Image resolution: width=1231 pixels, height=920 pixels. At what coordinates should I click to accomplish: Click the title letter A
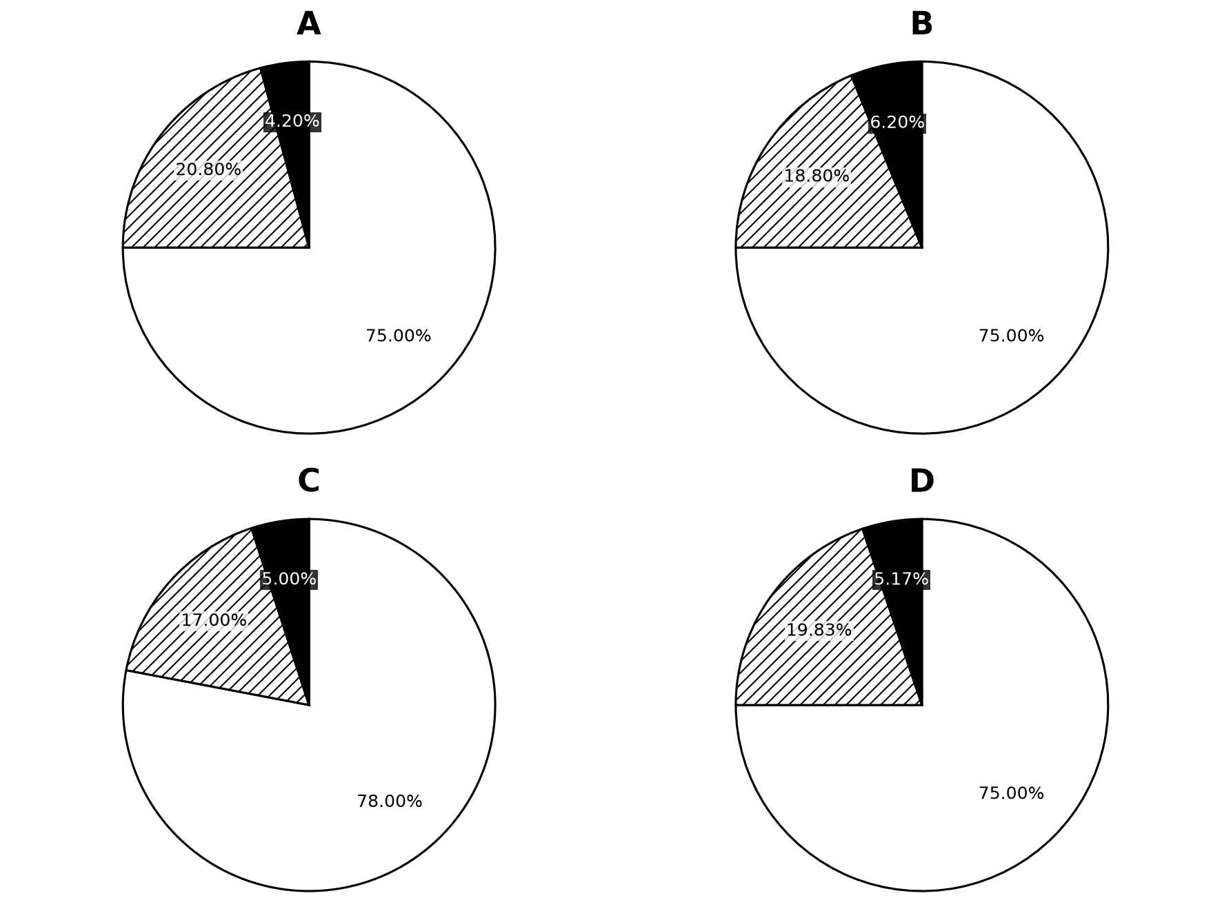click(308, 24)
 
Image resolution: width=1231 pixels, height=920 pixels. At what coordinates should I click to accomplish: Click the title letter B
click(921, 24)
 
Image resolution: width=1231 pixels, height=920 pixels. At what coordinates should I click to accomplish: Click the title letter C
click(308, 481)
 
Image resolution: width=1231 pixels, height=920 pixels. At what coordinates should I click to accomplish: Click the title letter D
click(921, 481)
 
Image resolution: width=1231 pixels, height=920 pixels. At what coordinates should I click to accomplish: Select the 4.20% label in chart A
click(292, 122)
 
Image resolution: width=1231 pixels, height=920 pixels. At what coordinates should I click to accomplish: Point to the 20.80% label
click(208, 170)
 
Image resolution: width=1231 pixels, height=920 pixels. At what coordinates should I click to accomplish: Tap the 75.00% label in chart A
click(398, 336)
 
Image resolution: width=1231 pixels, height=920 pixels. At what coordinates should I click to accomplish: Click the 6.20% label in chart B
click(897, 123)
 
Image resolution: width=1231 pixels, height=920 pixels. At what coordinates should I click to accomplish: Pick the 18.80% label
click(817, 176)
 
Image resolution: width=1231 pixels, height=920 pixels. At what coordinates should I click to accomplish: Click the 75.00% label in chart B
click(1011, 336)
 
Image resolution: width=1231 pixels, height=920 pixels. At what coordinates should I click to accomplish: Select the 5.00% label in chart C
click(288, 580)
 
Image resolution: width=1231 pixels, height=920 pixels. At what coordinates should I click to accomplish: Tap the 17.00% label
click(214, 620)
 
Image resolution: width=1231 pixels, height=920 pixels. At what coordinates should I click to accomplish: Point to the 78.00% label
click(389, 801)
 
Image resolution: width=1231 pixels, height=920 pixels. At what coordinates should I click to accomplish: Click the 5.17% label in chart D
click(901, 580)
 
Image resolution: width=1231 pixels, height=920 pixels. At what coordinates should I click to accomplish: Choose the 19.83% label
click(819, 631)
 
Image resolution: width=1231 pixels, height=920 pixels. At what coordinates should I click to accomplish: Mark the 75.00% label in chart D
click(1011, 794)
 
